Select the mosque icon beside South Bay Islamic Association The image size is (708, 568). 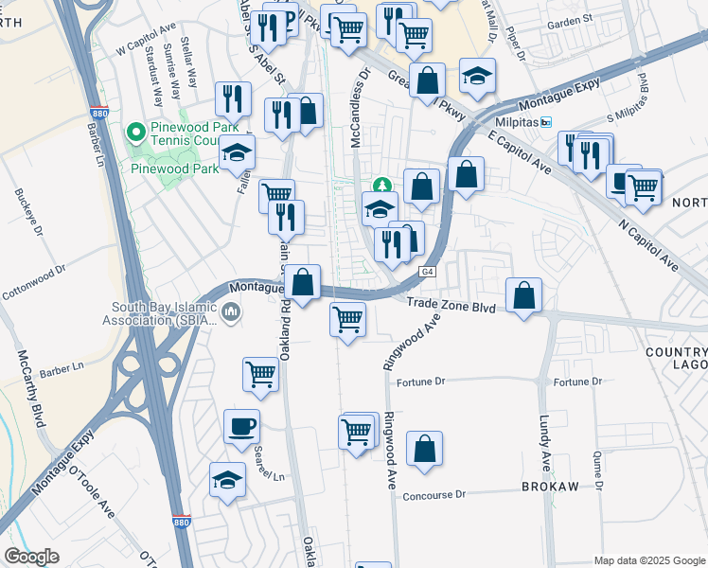[231, 311]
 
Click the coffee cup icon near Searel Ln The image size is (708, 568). [240, 426]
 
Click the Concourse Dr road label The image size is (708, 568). [434, 495]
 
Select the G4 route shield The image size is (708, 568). [428, 272]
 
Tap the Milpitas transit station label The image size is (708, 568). [516, 122]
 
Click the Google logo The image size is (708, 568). [31, 557]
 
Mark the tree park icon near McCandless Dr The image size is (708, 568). [382, 184]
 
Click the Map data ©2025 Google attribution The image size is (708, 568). [648, 560]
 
